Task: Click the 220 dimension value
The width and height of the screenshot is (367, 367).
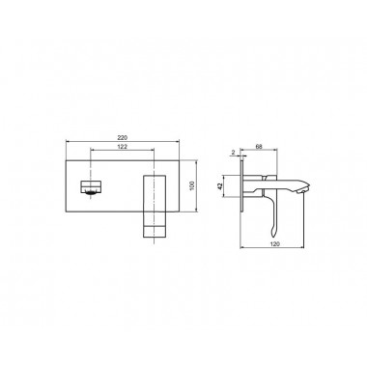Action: click(123, 137)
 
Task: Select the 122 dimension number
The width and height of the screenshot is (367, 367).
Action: click(123, 147)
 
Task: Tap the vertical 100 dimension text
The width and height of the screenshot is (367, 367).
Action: click(192, 185)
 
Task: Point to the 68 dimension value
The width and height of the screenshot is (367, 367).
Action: click(259, 147)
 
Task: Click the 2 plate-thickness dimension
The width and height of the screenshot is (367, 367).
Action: click(234, 152)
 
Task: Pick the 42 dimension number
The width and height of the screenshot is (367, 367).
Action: click(220, 186)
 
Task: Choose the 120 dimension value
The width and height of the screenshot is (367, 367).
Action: click(275, 244)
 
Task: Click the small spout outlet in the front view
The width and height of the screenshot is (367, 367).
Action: click(91, 187)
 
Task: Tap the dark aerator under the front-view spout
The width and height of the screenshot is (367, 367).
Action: click(91, 193)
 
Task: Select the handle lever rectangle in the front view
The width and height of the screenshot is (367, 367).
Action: click(155, 206)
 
